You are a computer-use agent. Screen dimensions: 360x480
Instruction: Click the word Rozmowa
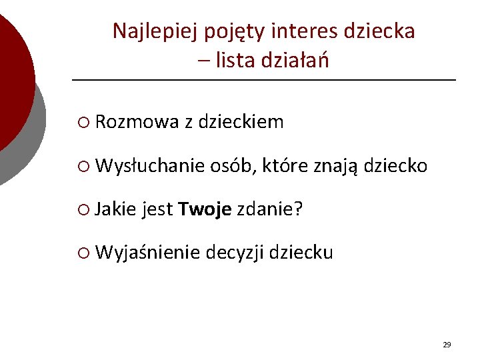[137, 122]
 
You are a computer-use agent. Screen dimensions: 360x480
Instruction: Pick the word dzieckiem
[241, 122]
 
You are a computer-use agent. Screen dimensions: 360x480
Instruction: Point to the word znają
[337, 167]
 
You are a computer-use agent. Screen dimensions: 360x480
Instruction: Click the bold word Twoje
[205, 210]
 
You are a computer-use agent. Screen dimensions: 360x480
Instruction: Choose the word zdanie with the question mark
[270, 210]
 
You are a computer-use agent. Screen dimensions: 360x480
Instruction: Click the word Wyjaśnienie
[148, 253]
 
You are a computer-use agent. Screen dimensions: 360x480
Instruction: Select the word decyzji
[235, 254]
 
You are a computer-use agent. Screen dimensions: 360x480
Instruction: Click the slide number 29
[447, 345]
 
